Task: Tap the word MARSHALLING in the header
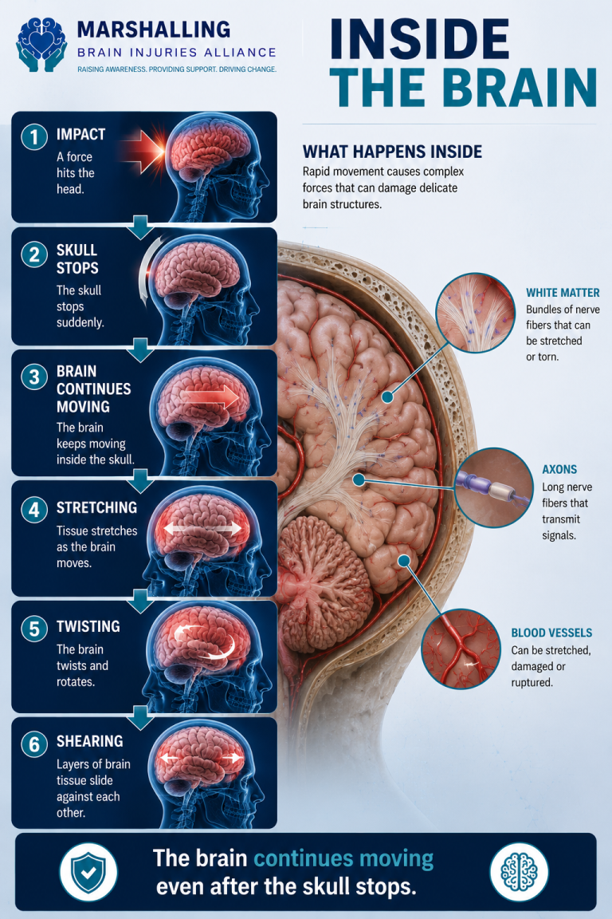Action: click(154, 30)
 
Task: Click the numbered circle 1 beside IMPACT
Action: click(34, 137)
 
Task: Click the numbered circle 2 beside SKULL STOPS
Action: click(34, 255)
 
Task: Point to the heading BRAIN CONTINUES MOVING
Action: click(94, 389)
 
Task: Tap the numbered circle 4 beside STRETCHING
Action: click(34, 509)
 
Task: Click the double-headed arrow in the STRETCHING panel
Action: click(202, 529)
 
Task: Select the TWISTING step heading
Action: click(88, 626)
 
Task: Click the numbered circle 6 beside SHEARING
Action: click(34, 743)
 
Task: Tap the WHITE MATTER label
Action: click(563, 293)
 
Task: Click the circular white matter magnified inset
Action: click(475, 313)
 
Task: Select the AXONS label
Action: click(559, 469)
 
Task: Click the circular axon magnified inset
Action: click(493, 487)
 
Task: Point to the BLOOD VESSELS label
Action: click(551, 633)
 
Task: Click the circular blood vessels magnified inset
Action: click(461, 649)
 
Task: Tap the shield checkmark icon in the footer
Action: click(88, 871)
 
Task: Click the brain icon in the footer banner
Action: click(519, 871)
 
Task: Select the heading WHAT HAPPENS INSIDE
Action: click(392, 152)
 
